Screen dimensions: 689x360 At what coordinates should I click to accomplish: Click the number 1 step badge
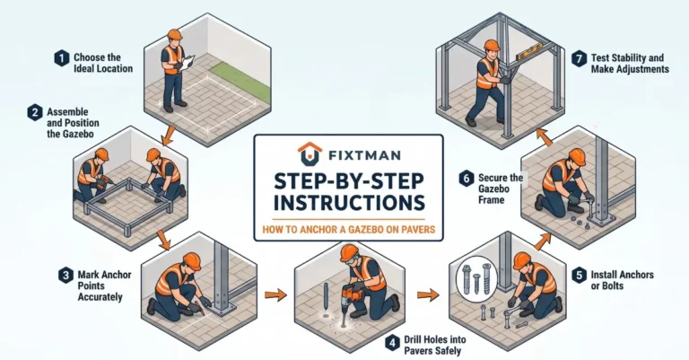tap(62, 58)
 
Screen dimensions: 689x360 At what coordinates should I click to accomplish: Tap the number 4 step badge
tap(392, 343)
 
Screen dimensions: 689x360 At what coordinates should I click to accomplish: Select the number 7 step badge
tap(580, 59)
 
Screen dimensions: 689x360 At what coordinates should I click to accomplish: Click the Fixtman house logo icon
tap(310, 154)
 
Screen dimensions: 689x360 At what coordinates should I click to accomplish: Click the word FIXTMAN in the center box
tap(364, 155)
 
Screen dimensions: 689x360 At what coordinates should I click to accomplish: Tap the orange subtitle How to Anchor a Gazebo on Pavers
tap(349, 230)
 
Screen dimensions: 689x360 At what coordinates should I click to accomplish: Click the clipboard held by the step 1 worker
tap(188, 62)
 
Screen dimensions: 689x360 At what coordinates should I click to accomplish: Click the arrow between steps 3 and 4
tap(275, 295)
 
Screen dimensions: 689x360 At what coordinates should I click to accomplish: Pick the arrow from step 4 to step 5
tap(428, 294)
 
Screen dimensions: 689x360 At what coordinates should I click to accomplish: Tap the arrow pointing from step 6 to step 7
tap(545, 136)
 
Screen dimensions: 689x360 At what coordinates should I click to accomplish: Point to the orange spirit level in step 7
tap(530, 54)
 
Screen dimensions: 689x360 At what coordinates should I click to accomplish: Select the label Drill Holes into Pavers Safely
tap(434, 345)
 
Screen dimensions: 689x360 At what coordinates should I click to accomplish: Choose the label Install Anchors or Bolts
tap(622, 280)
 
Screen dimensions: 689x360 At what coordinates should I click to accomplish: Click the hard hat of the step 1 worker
tap(174, 34)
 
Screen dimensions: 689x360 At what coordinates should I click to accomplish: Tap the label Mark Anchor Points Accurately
tap(104, 285)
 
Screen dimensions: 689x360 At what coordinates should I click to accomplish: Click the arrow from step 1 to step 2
tap(168, 136)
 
